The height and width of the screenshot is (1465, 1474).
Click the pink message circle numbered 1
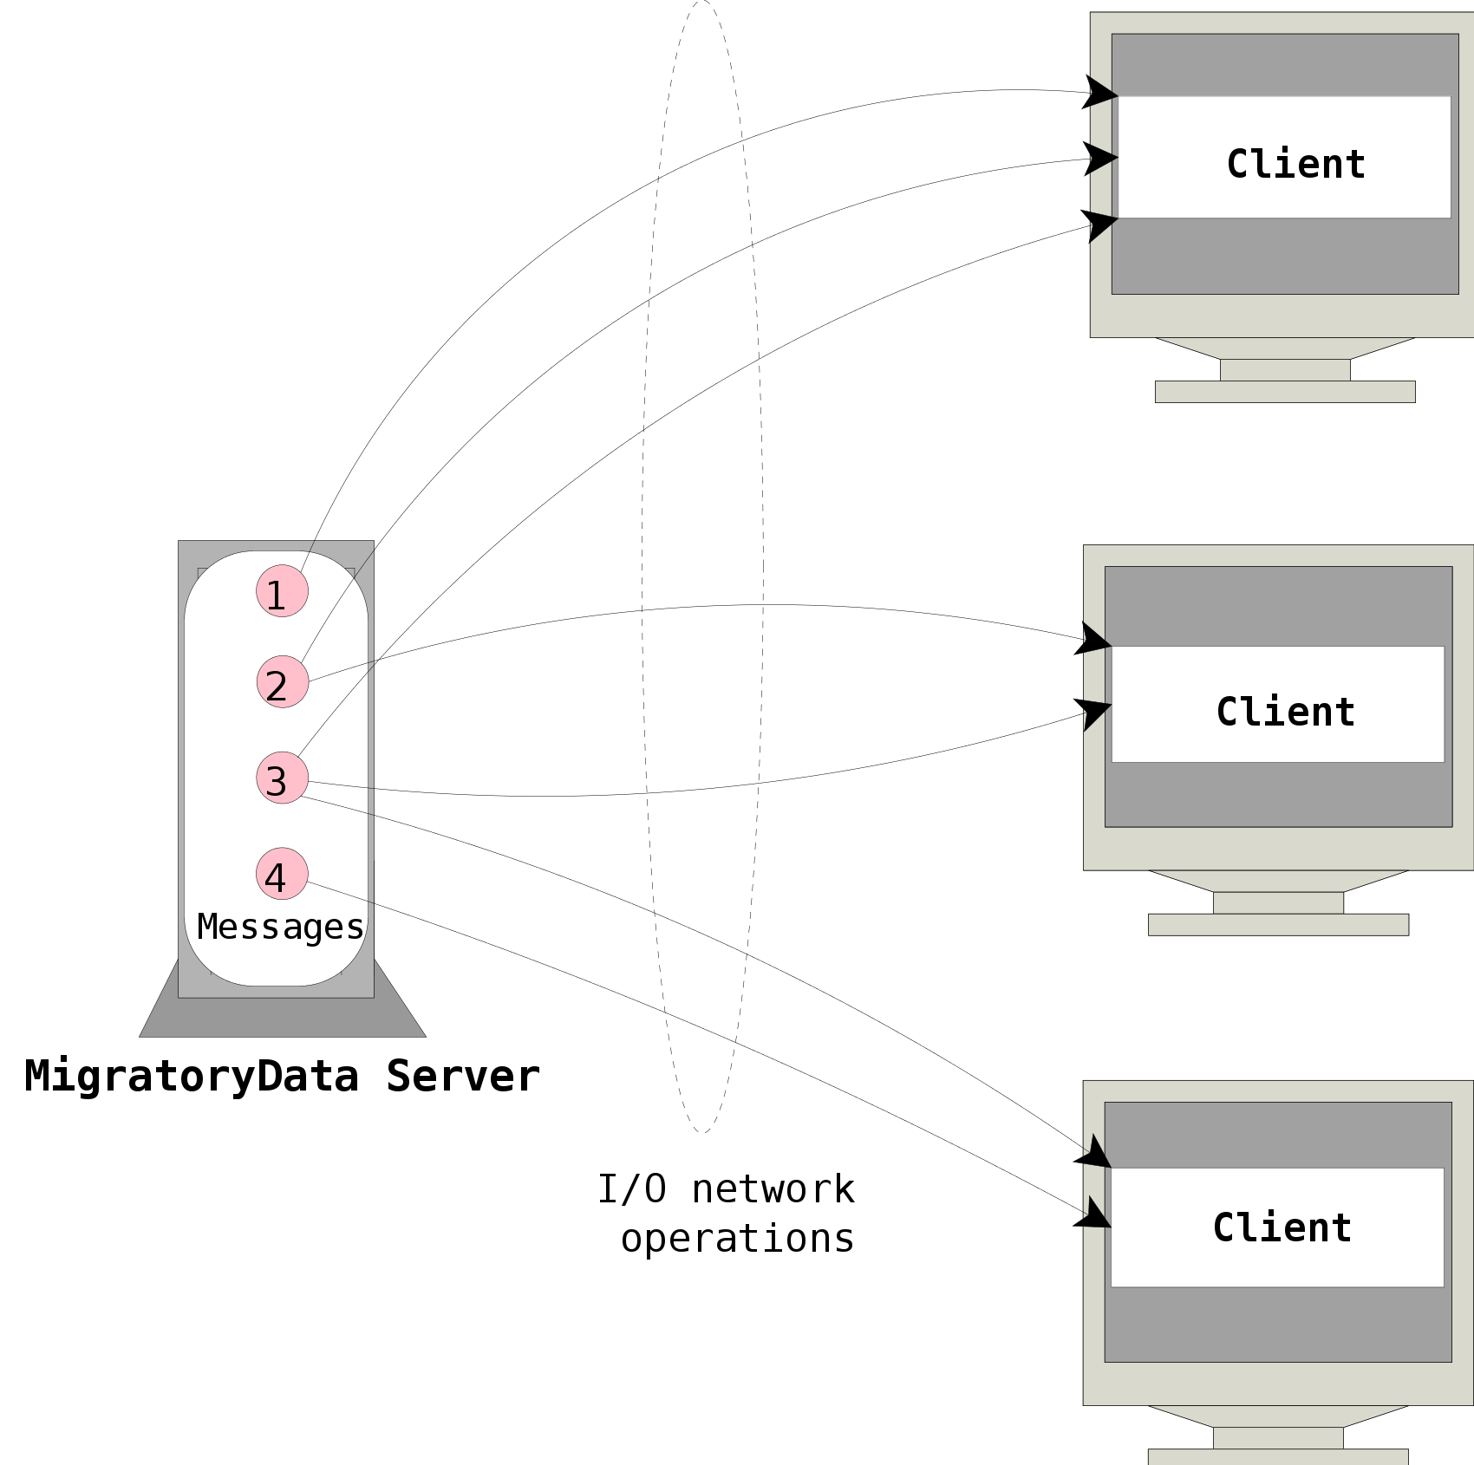click(282, 591)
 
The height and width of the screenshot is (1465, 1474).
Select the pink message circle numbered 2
click(283, 681)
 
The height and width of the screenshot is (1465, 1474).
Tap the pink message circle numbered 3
click(282, 778)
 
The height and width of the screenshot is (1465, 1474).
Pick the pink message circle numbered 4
click(282, 874)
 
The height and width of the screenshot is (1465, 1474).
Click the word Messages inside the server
click(280, 927)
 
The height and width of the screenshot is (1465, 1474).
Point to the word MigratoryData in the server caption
click(191, 1076)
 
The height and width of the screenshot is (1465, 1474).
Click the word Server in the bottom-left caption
click(463, 1076)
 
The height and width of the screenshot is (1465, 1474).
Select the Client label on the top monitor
click(1295, 164)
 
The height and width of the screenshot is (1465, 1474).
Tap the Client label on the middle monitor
click(1285, 712)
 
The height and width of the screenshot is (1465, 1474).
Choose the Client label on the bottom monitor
click(1282, 1227)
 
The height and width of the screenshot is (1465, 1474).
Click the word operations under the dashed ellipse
click(738, 1239)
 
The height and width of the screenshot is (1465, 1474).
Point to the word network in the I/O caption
click(773, 1189)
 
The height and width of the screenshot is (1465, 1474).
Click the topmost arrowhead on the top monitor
click(1099, 93)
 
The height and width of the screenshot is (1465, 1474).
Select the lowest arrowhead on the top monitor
click(1099, 225)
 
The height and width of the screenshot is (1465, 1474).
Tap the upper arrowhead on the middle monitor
click(1092, 640)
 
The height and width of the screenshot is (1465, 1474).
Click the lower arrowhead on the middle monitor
click(1093, 713)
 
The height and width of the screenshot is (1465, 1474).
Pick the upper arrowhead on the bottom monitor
click(1093, 1153)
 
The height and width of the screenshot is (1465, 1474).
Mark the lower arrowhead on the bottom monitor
click(1092, 1214)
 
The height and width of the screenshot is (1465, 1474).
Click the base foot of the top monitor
click(1284, 392)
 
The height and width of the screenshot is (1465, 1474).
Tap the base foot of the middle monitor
click(1277, 925)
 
